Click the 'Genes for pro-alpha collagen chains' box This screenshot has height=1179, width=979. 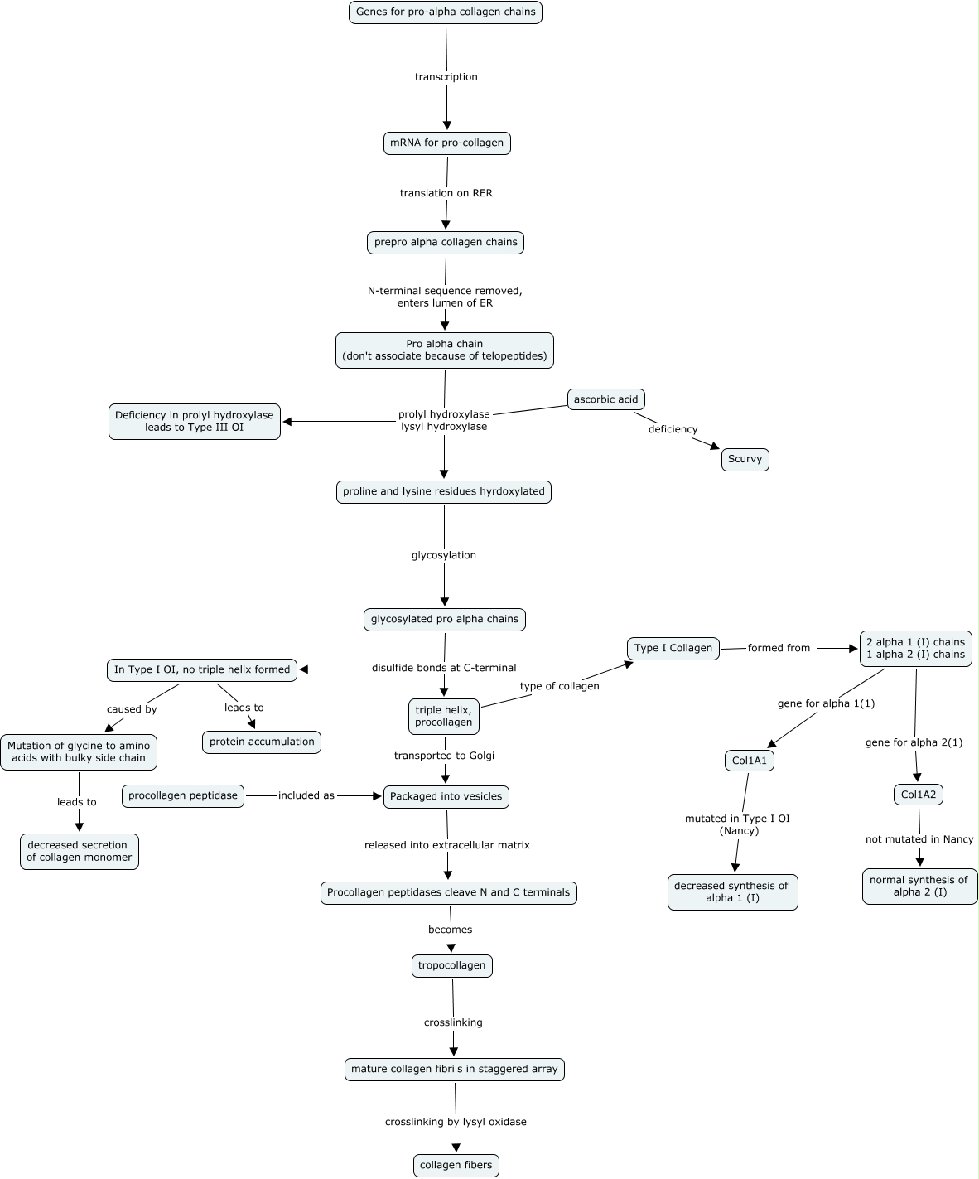click(x=446, y=12)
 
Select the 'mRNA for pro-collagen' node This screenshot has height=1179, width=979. click(x=446, y=143)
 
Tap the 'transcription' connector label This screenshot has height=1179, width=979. click(x=446, y=77)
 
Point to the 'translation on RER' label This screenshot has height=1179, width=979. click(x=446, y=193)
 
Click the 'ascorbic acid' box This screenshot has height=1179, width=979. click(x=605, y=399)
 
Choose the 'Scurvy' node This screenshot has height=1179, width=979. click(x=745, y=459)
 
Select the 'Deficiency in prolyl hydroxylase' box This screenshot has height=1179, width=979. click(x=195, y=422)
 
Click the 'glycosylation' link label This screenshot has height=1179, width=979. click(x=444, y=555)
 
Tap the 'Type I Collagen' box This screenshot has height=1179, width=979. click(x=673, y=648)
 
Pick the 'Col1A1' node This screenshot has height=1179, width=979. click(x=750, y=761)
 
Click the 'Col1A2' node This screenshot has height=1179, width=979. click(x=919, y=795)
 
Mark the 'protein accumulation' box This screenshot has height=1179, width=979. click(x=262, y=742)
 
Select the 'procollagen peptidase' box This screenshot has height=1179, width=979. click(x=183, y=795)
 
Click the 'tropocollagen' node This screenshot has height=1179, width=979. click(x=451, y=965)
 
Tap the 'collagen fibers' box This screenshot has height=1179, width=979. click(x=456, y=1165)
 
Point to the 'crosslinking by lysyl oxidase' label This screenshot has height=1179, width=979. click(x=456, y=1122)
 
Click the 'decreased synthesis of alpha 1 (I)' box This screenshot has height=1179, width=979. click(x=732, y=891)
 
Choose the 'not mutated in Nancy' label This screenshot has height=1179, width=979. click(x=919, y=839)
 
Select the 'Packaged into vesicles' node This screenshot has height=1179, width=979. click(x=446, y=796)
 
